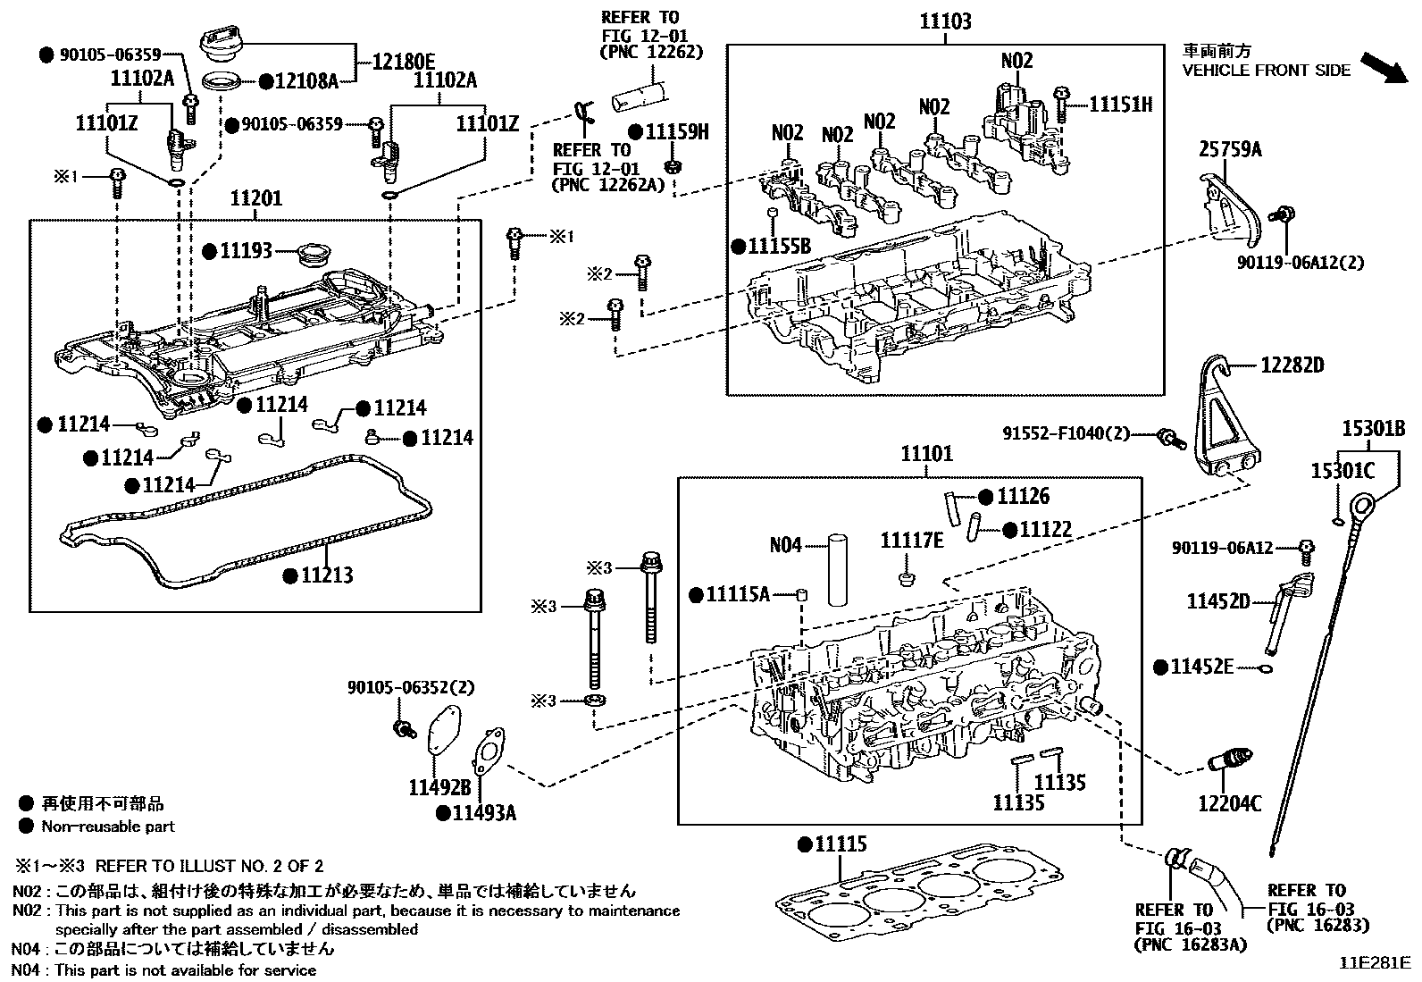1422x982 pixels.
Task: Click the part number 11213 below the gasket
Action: pyautogui.click(x=326, y=575)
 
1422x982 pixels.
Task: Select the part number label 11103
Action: pyautogui.click(x=946, y=21)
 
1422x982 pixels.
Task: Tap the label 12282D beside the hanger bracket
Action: pyautogui.click(x=1292, y=365)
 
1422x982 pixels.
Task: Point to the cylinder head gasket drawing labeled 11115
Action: pyautogui.click(x=920, y=894)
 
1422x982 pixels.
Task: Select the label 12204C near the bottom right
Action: pyautogui.click(x=1229, y=803)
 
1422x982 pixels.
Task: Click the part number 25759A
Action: pyautogui.click(x=1230, y=149)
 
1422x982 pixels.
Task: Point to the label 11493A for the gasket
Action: pyautogui.click(x=483, y=813)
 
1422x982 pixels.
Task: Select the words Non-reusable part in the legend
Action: pyautogui.click(x=108, y=827)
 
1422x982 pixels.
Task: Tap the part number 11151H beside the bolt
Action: pyautogui.click(x=1120, y=105)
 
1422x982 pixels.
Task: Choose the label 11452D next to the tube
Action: pyautogui.click(x=1217, y=601)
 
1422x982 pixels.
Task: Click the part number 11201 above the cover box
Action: pyautogui.click(x=255, y=198)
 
